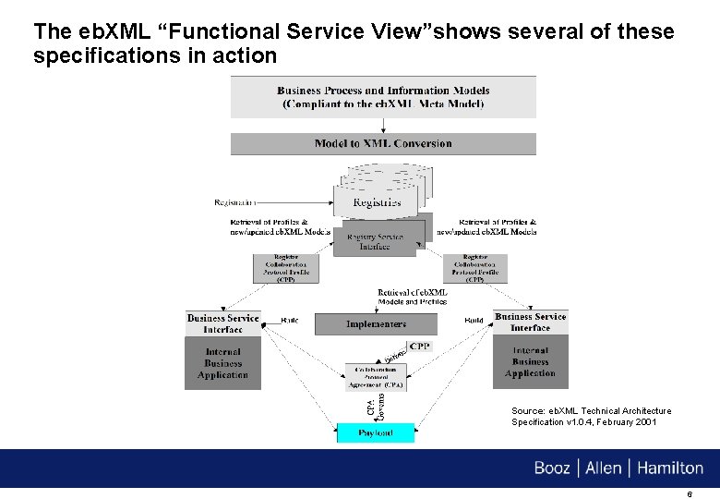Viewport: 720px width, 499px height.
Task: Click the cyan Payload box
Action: pyautogui.click(x=376, y=432)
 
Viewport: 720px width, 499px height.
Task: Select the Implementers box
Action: pyautogui.click(x=376, y=324)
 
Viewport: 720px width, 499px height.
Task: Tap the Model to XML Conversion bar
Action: pyautogui.click(x=383, y=143)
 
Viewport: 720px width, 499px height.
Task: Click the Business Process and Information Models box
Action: pyautogui.click(x=383, y=97)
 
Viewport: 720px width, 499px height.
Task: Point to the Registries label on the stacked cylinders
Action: pyautogui.click(x=377, y=202)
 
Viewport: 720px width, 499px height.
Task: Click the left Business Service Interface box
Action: pyautogui.click(x=222, y=323)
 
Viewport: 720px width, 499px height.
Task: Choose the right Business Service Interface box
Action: pyautogui.click(x=531, y=323)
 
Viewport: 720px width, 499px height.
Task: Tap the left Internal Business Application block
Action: pyautogui.click(x=222, y=363)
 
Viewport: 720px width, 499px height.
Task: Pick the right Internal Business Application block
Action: pyautogui.click(x=531, y=362)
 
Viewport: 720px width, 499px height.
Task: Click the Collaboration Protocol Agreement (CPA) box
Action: pyautogui.click(x=376, y=377)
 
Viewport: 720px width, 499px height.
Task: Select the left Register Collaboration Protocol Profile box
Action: pyautogui.click(x=285, y=268)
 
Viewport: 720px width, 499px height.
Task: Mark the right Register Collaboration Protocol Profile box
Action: pyautogui.click(x=475, y=268)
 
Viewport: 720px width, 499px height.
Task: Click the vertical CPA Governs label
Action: pyautogui.click(x=366, y=404)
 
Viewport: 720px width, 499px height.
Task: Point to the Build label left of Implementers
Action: pyautogui.click(x=289, y=321)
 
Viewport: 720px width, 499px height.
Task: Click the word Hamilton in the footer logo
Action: pyautogui.click(x=667, y=469)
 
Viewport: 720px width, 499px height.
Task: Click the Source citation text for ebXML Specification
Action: pyautogui.click(x=591, y=417)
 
